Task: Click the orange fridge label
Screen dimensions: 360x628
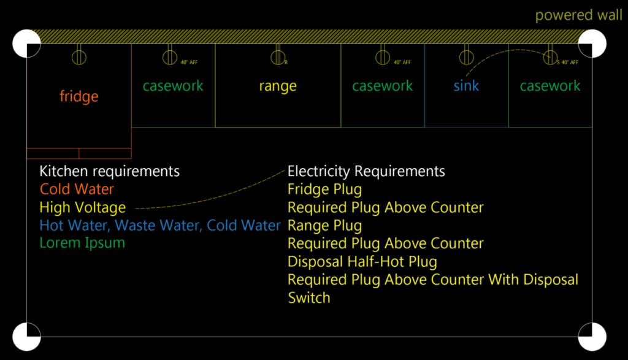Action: [78, 96]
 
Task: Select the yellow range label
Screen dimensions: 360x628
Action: [277, 86]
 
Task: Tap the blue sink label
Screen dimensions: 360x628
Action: [466, 86]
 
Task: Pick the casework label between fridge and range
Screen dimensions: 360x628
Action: [173, 86]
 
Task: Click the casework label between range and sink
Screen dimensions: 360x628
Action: [383, 86]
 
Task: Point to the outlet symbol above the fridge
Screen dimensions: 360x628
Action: [78, 57]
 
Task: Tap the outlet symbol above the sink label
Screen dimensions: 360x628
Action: [465, 57]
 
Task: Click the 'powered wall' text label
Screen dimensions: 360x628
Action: [578, 15]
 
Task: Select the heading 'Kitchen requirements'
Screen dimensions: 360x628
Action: [109, 170]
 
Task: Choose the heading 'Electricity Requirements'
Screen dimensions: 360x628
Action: [366, 170]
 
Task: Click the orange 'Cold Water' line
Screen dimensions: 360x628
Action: [77, 189]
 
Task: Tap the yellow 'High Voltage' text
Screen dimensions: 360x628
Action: [82, 207]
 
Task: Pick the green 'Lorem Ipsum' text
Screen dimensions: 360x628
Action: [82, 243]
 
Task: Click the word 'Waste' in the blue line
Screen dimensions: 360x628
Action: [135, 225]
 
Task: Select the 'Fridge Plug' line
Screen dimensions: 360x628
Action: [324, 189]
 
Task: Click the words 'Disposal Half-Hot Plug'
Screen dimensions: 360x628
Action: [362, 261]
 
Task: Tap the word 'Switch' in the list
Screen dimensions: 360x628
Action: [309, 298]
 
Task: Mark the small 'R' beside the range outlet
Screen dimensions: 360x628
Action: [286, 62]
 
